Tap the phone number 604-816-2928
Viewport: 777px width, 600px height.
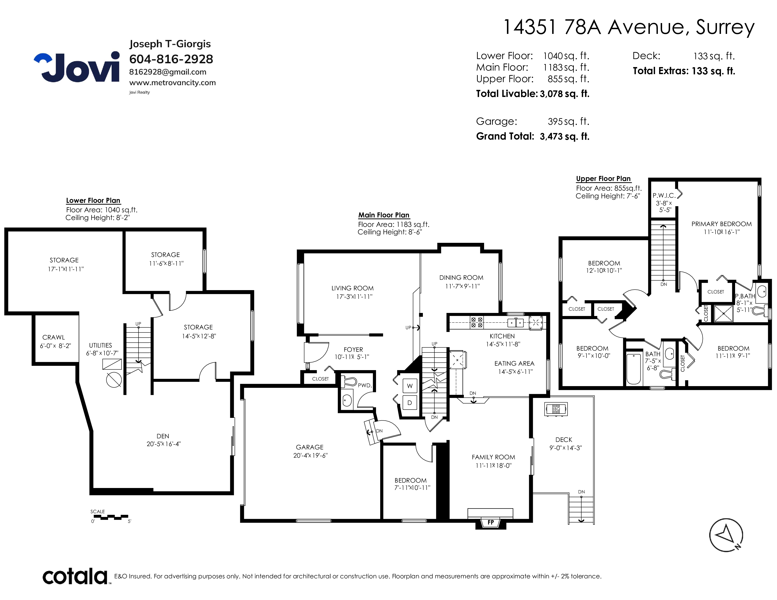pos(171,59)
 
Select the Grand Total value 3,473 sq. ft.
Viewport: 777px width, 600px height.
pos(565,136)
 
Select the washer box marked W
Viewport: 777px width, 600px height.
pos(410,386)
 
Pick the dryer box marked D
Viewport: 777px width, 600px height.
pos(410,403)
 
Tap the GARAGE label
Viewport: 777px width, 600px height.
pos(310,447)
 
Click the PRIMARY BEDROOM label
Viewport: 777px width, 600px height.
pos(721,224)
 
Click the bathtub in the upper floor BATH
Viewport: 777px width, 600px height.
pos(633,369)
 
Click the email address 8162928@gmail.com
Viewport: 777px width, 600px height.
pos(168,72)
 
